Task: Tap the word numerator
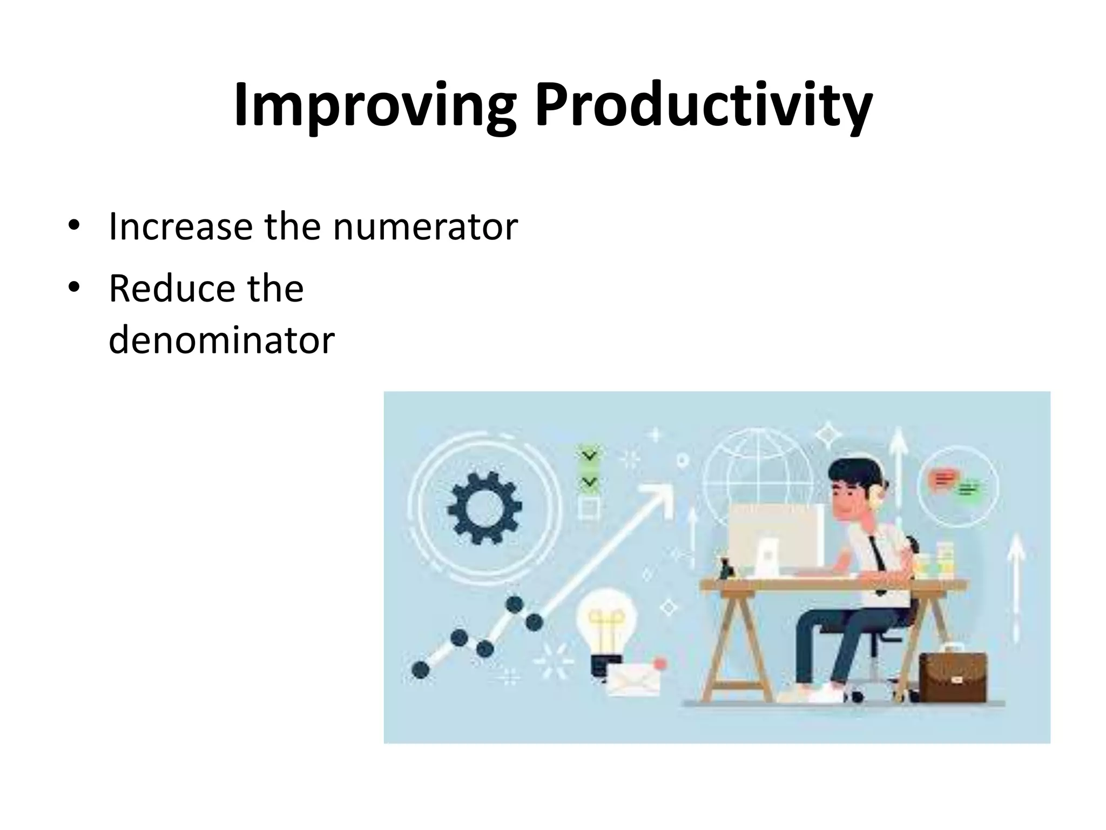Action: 425,226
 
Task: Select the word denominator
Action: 221,340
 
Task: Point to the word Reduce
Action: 172,289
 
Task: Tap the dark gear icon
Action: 484,508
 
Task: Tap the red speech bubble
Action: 942,479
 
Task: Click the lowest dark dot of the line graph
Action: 420,670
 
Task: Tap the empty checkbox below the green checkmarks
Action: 588,508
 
